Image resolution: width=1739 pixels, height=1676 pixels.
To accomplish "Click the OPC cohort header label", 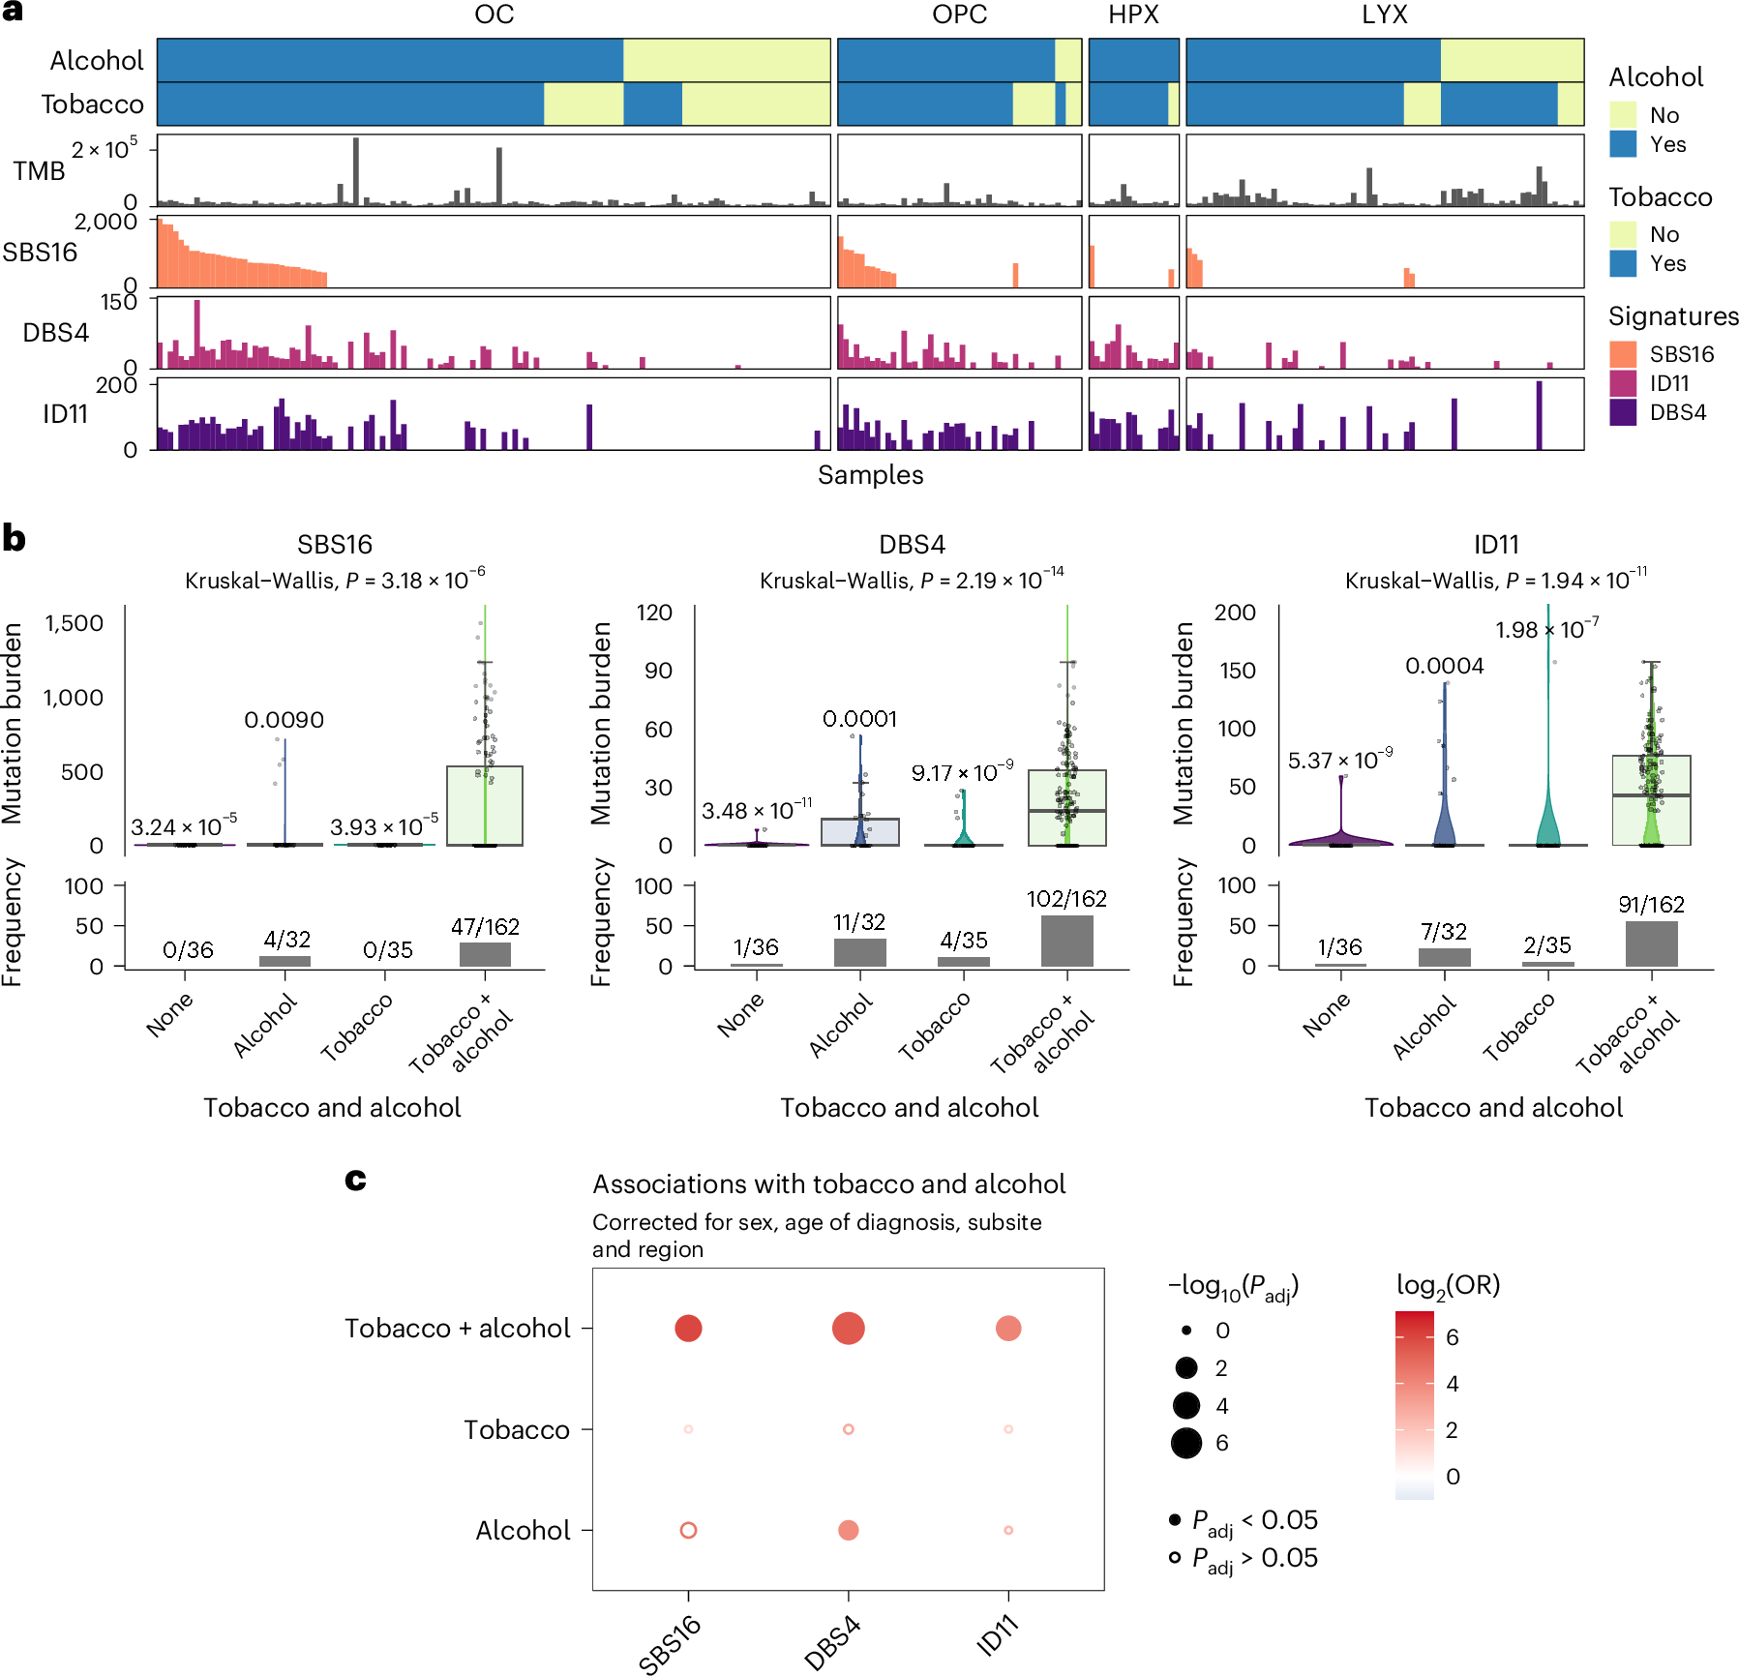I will tap(959, 15).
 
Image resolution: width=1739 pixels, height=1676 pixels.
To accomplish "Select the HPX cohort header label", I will tap(1133, 15).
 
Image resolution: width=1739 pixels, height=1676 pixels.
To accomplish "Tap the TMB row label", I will tap(39, 171).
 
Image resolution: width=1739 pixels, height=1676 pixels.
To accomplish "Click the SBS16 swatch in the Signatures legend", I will tap(1623, 354).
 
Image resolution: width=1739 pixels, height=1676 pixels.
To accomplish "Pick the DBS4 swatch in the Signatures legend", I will tap(1623, 412).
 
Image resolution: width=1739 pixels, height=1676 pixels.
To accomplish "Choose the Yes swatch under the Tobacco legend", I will tap(1623, 263).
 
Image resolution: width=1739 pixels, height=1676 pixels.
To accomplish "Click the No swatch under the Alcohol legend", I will tap(1623, 115).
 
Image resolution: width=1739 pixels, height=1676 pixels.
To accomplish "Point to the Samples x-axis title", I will tap(870, 475).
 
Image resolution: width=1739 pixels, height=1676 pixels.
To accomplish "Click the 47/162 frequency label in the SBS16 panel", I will tap(485, 927).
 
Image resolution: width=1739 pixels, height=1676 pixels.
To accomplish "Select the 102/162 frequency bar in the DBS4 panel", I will tap(1066, 941).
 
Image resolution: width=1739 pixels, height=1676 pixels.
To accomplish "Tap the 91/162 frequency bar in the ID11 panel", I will tap(1651, 943).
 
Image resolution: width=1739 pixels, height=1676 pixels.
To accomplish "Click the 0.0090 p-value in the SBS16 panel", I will tap(284, 720).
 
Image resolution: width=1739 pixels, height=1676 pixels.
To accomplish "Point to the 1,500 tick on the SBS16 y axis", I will tap(74, 623).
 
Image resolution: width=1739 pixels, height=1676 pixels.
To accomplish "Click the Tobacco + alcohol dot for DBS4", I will tap(848, 1328).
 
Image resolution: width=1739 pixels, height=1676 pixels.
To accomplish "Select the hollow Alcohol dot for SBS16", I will tap(688, 1530).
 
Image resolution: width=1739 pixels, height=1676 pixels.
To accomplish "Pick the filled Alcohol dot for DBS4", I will tap(848, 1530).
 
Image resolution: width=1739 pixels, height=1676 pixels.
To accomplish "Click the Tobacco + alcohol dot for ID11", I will tap(1008, 1328).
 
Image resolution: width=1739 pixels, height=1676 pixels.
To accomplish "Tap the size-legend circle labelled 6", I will tap(1185, 1443).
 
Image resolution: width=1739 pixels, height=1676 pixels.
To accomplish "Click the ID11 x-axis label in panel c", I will tap(998, 1636).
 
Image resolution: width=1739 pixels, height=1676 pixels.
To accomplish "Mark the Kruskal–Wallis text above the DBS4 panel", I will tap(911, 581).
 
